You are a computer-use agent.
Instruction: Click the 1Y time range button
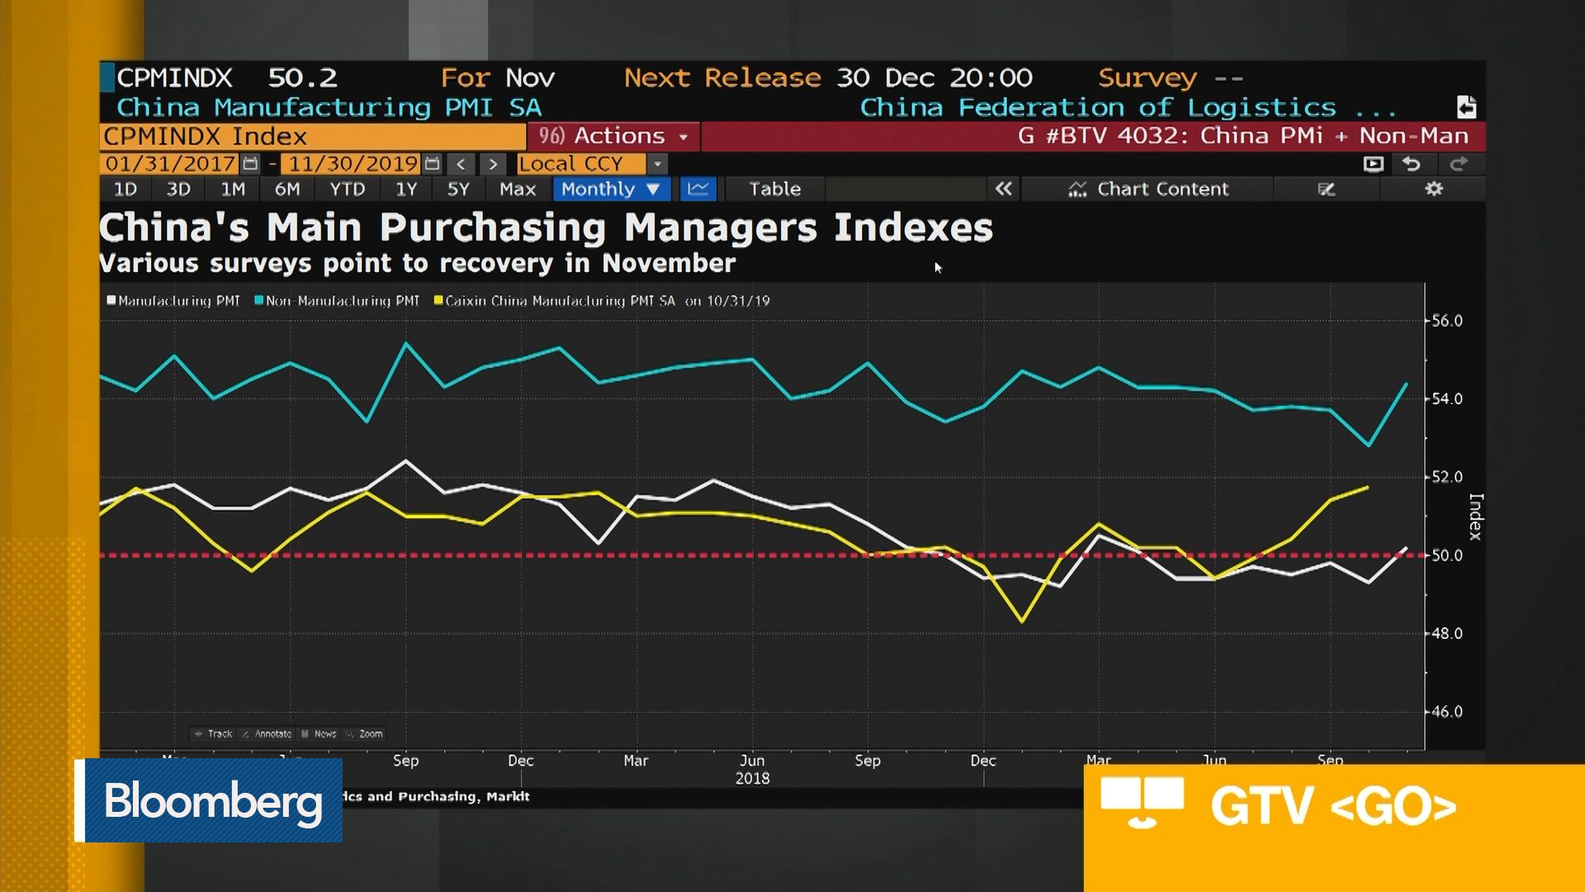click(406, 189)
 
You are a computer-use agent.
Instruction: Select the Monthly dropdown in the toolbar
click(611, 189)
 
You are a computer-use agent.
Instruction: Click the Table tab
click(774, 189)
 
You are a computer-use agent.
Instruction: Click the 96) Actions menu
click(613, 135)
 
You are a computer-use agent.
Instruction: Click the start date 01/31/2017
click(170, 164)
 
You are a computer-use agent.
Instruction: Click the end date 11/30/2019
click(352, 164)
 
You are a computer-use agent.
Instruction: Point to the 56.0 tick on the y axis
click(1446, 320)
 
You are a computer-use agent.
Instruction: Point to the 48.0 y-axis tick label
click(1446, 633)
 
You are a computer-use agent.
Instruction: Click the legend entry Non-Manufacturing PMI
click(341, 301)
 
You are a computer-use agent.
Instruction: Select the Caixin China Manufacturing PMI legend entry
click(559, 301)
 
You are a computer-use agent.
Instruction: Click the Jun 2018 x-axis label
click(752, 768)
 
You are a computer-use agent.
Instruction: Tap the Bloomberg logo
click(212, 800)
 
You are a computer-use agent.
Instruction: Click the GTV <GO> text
click(1332, 806)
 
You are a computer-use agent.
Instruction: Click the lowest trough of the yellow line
click(1022, 620)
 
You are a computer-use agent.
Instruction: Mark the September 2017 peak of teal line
click(405, 343)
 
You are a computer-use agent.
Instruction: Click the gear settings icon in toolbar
click(1434, 189)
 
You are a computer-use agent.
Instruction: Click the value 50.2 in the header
click(302, 78)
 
